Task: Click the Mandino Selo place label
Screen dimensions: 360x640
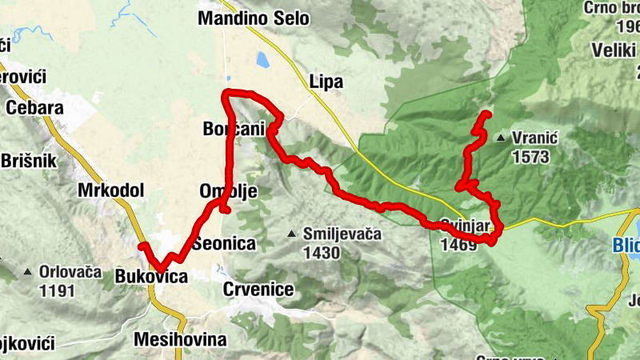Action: pos(253,18)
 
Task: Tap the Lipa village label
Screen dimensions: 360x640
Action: pos(326,82)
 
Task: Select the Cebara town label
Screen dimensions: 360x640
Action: pos(34,108)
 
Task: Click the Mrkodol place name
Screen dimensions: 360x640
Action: pos(110,190)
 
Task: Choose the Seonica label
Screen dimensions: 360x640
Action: pos(223,243)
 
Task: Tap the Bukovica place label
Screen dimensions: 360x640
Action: pos(151,277)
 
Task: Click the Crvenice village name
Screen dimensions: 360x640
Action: pos(258,289)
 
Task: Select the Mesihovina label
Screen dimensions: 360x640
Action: pos(180,339)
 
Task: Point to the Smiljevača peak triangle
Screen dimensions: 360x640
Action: pos(291,234)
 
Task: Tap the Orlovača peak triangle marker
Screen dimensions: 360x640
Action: pos(28,272)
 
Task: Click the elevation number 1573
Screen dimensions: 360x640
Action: pos(533,156)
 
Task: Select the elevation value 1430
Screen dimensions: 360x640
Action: pos(322,253)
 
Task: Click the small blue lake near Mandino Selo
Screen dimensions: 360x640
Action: pos(262,59)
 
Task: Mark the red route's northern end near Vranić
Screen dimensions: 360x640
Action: pos(487,114)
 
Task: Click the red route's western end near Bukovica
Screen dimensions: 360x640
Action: pos(142,245)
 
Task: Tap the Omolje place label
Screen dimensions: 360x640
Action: pos(215,192)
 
